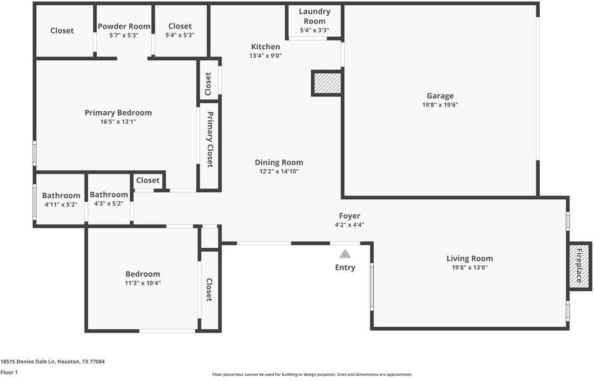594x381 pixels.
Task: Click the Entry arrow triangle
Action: pos(345,254)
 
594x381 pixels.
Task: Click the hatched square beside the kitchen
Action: pos(327,83)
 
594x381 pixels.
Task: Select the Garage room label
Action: pos(440,96)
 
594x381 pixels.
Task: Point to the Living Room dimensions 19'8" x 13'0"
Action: pos(469,267)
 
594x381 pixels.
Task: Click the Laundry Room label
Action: pos(314,16)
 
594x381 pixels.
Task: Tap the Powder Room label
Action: pos(124,27)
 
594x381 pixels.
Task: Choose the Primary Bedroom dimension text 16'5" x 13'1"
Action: pos(118,121)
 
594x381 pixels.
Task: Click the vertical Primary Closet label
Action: pos(210,140)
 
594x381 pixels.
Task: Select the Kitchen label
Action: pos(265,47)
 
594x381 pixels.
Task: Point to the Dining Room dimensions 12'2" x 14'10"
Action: pos(279,171)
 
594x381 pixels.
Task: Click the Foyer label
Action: pos(349,216)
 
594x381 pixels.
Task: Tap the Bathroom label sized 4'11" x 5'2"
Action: pos(61,195)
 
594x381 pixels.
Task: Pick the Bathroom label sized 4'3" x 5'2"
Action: pos(108,194)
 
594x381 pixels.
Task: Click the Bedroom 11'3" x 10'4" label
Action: pos(143,274)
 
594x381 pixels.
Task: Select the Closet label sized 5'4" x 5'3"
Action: pos(179,27)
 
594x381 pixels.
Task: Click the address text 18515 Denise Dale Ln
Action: pos(52,362)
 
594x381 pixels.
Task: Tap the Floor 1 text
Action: pos(9,372)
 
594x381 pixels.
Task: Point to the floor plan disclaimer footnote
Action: pos(312,374)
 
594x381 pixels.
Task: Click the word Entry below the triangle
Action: pos(345,267)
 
